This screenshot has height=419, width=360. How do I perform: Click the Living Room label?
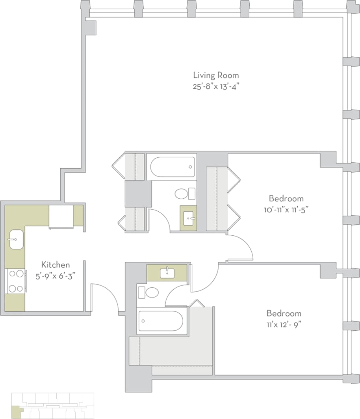[215, 75]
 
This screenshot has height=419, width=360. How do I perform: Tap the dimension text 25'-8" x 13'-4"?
[216, 86]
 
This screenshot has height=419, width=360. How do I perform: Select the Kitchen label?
[56, 265]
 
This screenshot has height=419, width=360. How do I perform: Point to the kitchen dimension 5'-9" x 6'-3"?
[56, 276]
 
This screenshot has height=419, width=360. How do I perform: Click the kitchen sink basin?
[15, 240]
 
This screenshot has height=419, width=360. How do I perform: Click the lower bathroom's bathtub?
[161, 321]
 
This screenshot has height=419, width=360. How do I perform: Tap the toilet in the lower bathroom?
[149, 292]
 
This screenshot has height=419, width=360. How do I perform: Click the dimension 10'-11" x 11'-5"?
[286, 210]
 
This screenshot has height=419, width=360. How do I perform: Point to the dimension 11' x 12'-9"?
[284, 325]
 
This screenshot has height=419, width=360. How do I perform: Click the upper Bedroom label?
[286, 198]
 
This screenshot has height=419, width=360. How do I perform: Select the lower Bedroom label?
[284, 313]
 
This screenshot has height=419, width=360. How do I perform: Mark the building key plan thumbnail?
[53, 405]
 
